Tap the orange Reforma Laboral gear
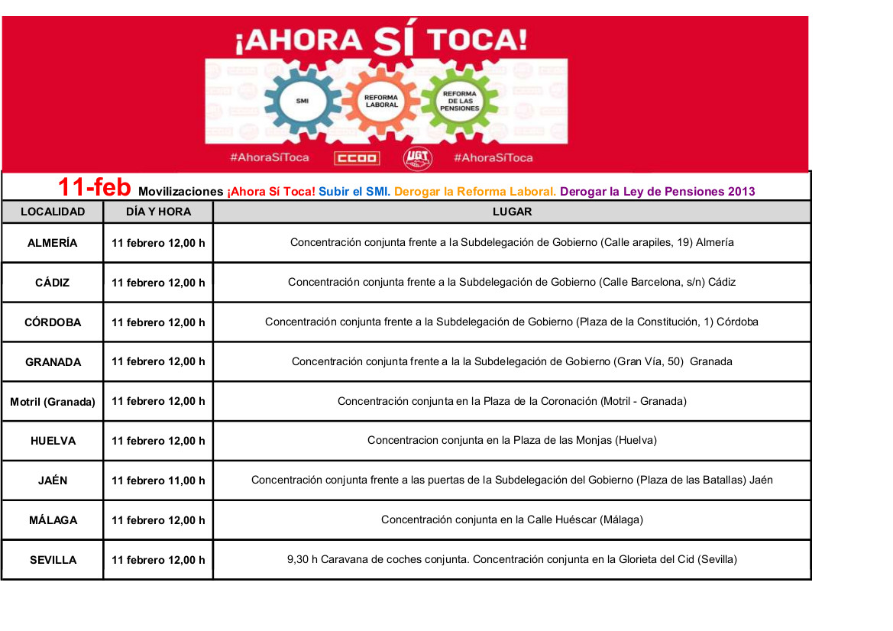[381, 100]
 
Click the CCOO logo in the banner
[356, 158]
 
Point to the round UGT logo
[418, 158]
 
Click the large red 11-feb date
[95, 187]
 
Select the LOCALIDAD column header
[53, 212]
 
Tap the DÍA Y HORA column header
[158, 212]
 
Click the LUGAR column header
[512, 212]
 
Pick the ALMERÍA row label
[53, 243]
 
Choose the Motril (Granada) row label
[53, 401]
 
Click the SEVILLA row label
[53, 560]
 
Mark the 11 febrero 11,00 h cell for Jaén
[158, 481]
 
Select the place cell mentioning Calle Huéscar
[512, 520]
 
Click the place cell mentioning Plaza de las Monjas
[512, 441]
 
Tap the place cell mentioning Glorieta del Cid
[512, 559]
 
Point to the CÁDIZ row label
[53, 283]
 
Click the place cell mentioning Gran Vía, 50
[512, 361]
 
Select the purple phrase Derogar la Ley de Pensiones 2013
[657, 192]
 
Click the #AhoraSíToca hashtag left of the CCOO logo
[270, 158]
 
